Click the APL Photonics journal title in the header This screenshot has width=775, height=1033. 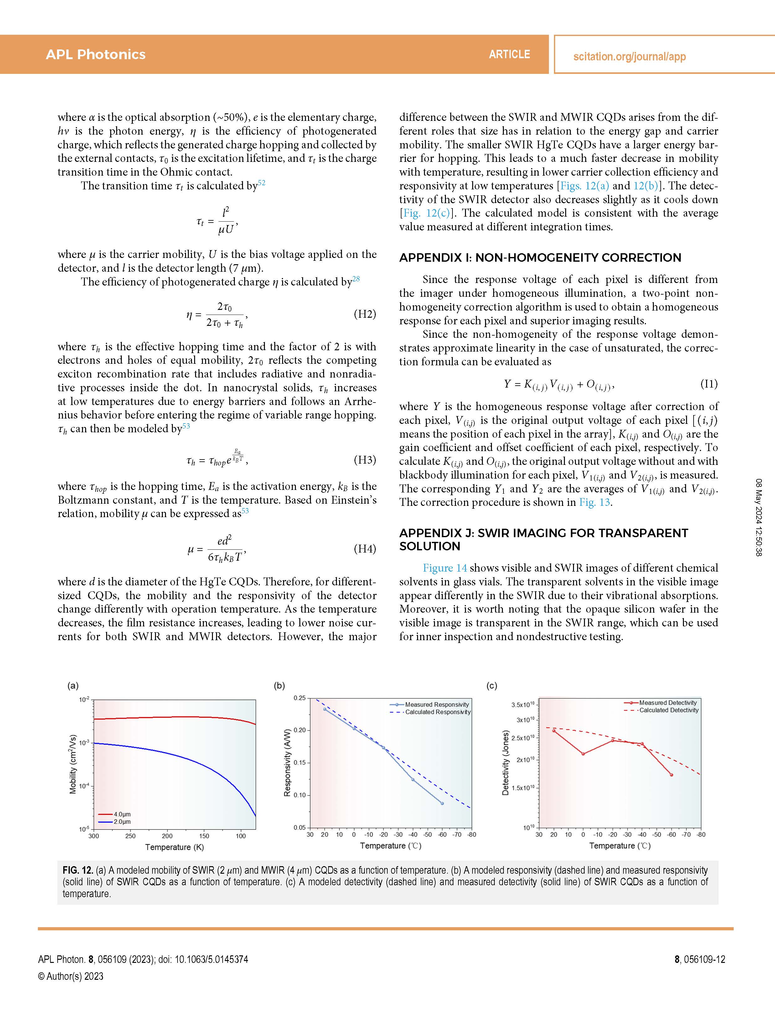click(x=96, y=55)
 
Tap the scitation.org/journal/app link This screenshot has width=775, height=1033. click(x=629, y=57)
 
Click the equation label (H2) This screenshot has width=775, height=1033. click(x=365, y=314)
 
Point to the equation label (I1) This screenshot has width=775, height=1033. click(x=709, y=384)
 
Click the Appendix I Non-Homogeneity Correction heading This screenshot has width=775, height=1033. click(x=540, y=258)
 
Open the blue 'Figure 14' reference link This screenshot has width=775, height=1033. click(x=445, y=568)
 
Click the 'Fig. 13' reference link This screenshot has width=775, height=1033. click(x=595, y=502)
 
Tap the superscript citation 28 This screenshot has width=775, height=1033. click(x=356, y=279)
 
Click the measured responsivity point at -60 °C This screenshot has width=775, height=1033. click(x=442, y=803)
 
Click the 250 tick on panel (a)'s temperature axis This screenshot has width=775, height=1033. click(x=130, y=836)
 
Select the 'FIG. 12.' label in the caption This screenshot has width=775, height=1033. click(x=78, y=871)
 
